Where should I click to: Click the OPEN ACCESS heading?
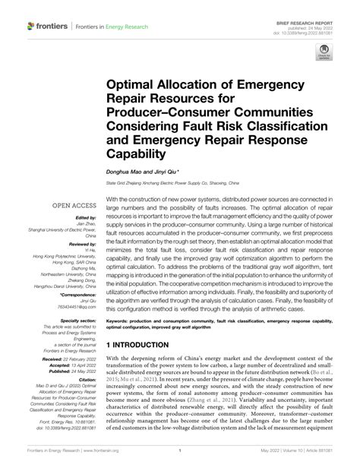coord(74,207)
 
